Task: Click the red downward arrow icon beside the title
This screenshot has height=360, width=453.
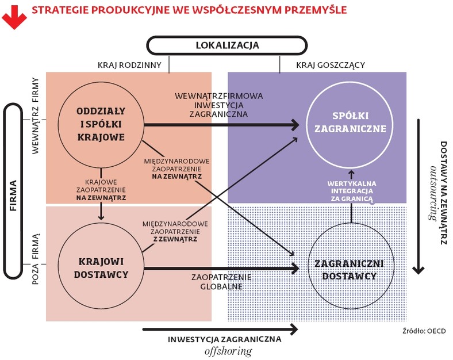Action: coord(14,17)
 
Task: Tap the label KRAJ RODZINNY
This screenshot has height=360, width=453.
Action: coord(129,65)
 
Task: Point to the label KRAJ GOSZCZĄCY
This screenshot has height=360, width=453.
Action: coord(331,65)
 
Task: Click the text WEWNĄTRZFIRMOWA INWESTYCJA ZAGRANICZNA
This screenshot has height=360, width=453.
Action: coord(218,105)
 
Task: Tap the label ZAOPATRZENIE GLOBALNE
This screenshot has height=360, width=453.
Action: coord(221,282)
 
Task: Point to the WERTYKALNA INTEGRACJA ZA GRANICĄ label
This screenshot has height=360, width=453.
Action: coord(352,192)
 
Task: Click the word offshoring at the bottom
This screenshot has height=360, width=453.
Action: coord(228,351)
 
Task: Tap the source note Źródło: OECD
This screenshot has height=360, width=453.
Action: coord(424,331)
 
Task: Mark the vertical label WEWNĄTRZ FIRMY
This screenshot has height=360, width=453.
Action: coord(35,116)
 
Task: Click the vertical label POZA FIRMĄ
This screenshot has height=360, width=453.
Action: coord(35,259)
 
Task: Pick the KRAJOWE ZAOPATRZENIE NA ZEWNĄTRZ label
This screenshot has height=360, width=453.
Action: coord(101,190)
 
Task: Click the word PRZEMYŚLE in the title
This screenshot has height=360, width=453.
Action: coord(316,10)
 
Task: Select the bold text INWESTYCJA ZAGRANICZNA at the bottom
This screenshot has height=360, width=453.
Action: coord(224,339)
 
